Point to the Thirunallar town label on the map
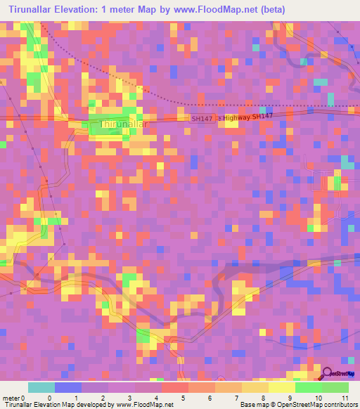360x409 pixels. (124, 124)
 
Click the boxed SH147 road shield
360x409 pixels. (202, 119)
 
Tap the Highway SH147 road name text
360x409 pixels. (247, 116)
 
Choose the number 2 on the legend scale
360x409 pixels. (102, 398)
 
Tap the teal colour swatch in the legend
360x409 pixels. (41, 387)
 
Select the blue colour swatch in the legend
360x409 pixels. (68, 387)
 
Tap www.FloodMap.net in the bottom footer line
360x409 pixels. (144, 405)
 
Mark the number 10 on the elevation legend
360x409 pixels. (316, 398)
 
